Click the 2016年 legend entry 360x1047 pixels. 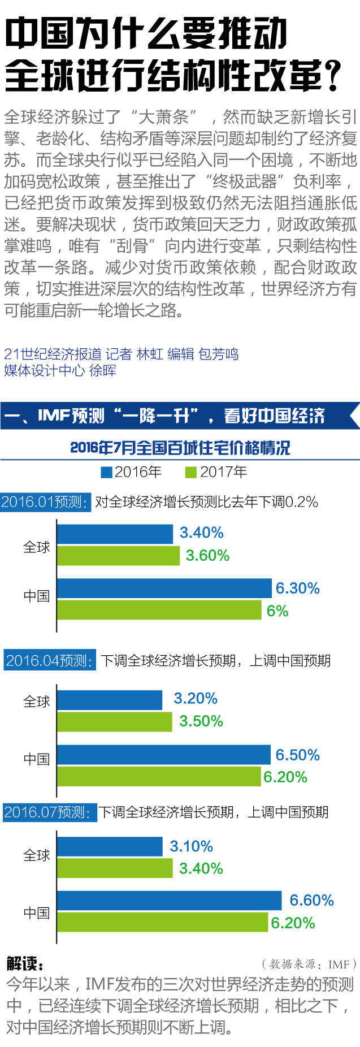pos(131,472)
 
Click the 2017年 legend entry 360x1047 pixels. pos(216,472)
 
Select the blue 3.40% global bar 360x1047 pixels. pos(115,534)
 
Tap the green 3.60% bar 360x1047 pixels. pos(118,556)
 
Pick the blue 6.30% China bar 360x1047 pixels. pos(164,589)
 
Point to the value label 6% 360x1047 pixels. pos(277,611)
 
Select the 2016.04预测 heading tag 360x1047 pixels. pos(50,660)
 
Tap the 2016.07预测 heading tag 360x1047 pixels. pos(48,812)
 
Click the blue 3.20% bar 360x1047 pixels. pos(110,700)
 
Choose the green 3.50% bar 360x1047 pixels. pos(114,722)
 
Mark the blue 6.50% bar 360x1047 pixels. pos(163,755)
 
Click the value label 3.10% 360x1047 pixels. pos(192,846)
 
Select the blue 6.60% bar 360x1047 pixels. pos(169,901)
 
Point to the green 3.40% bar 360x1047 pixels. pos(115,868)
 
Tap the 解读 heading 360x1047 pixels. pos(25,963)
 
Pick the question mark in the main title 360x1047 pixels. pos(334,76)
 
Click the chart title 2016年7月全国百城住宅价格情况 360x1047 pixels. pos(180,448)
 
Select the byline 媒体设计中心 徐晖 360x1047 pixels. pos(60,371)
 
